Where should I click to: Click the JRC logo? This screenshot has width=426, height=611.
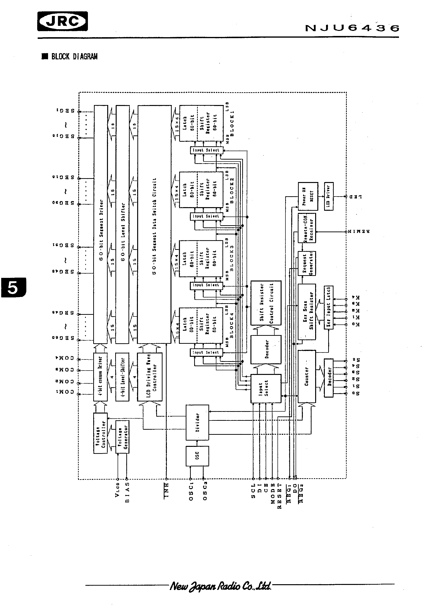pos(63,21)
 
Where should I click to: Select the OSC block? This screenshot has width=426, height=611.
pos(197,456)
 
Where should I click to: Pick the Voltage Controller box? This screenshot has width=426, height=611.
pos(100,433)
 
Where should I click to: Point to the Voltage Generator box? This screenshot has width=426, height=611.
pos(122,437)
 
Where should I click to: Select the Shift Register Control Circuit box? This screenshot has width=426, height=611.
pos(266,303)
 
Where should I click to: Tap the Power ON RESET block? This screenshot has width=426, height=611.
pos(308,196)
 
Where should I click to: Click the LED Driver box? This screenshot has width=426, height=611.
pos(328,196)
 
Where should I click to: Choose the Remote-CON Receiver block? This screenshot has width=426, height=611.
pos(307,228)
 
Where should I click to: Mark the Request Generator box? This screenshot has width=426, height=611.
pos(307,263)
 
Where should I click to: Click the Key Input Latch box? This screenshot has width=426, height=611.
pos(328,307)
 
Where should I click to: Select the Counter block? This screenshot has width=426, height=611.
pos(306,376)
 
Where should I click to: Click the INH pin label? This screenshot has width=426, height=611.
pos(166,491)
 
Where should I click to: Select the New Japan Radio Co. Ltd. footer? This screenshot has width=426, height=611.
pos(220,586)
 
